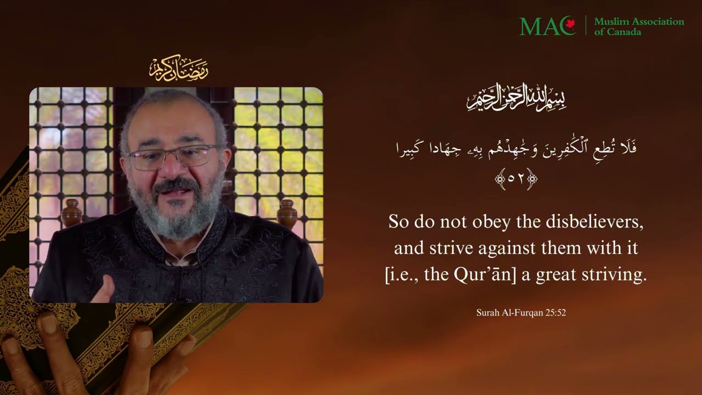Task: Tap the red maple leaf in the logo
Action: [570, 24]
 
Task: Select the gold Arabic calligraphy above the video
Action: [178, 69]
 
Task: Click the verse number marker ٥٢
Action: [516, 179]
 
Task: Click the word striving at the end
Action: [618, 274]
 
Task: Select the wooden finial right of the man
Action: [286, 214]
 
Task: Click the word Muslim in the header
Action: [612, 22]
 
